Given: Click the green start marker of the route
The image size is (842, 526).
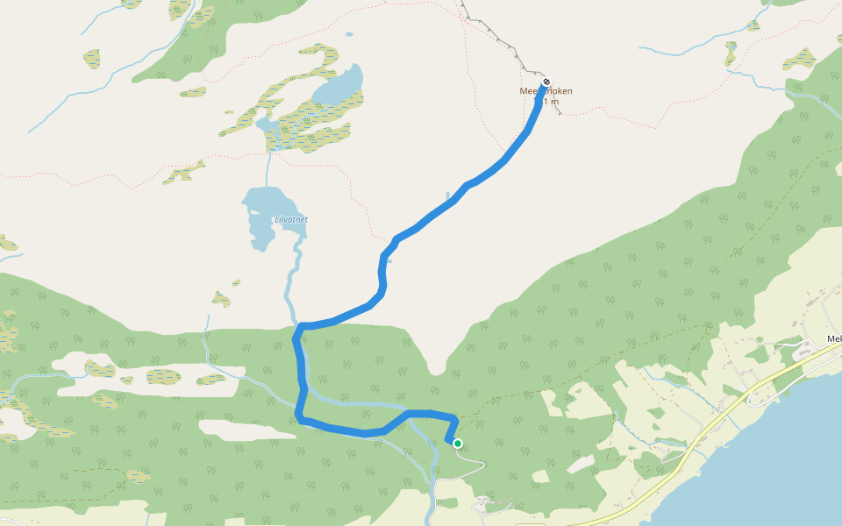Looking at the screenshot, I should (458, 444).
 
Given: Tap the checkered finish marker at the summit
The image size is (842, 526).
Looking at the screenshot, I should (546, 82).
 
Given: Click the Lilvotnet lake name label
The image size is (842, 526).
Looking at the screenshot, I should (291, 219).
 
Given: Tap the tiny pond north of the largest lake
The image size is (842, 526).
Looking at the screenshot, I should (349, 36).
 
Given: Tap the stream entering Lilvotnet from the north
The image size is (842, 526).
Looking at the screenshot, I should (268, 167).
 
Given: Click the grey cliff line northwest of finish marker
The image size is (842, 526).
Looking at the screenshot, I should (496, 35).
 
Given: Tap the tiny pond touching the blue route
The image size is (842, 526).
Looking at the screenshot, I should (388, 259).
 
